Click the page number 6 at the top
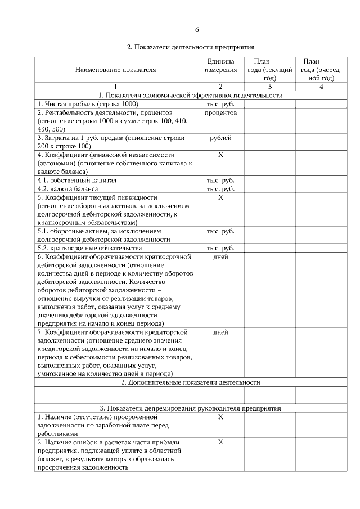pos(197,29)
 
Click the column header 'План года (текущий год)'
pos(269,70)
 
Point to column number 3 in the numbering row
pos(269,87)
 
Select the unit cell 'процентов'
pos(220,112)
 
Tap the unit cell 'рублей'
pos(220,138)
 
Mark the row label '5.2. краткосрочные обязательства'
pos(89,248)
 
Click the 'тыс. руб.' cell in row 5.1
pos(220,231)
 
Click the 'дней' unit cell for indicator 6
pos(220,256)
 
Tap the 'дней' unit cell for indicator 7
pos(220,332)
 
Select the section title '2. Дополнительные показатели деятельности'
pos(191,382)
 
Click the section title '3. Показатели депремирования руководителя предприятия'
pos(191,408)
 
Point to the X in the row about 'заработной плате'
pos(220,417)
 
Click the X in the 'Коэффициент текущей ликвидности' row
pos(220,197)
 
